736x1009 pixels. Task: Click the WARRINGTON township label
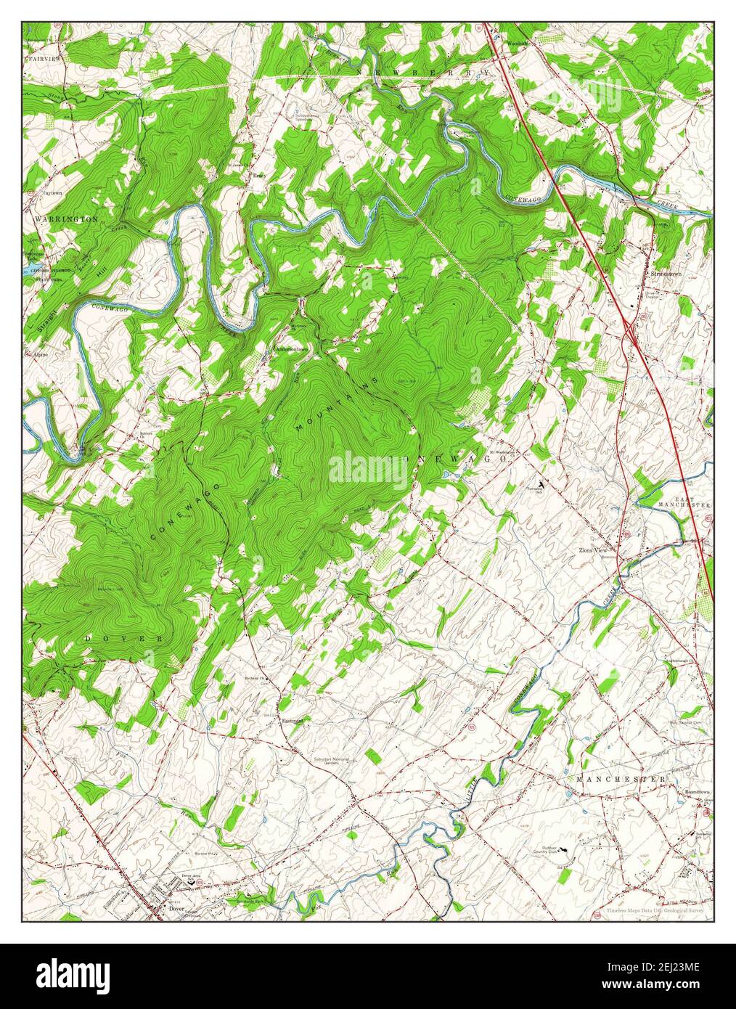[x=65, y=218]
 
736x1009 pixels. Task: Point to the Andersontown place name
[x=292, y=349]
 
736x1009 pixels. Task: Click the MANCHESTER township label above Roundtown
[x=621, y=779]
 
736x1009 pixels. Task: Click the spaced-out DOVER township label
[x=123, y=638]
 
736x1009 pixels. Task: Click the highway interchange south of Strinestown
[x=629, y=327]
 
